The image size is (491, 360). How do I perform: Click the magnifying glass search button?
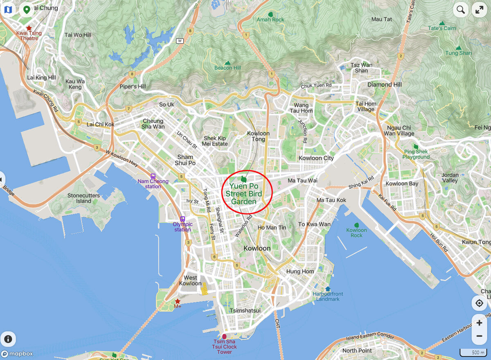click(461, 10)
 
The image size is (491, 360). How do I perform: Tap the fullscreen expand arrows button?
click(480, 10)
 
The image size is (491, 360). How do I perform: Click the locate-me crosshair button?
click(479, 303)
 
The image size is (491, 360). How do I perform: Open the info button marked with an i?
click(8, 339)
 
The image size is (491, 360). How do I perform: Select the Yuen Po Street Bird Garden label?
click(244, 194)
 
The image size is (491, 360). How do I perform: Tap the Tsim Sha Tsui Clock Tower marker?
click(224, 337)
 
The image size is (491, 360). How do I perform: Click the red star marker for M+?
click(178, 301)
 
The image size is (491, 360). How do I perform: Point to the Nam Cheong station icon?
click(153, 176)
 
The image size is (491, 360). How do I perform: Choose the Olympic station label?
click(182, 227)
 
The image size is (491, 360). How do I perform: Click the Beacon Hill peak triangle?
click(228, 63)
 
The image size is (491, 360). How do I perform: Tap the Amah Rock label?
click(270, 19)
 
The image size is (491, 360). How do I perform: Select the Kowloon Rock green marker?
click(356, 225)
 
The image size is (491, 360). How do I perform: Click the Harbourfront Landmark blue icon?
click(328, 289)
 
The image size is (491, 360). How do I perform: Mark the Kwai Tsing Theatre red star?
click(29, 28)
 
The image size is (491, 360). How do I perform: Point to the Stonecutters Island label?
click(83, 198)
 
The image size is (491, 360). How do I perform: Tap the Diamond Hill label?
click(385, 84)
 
